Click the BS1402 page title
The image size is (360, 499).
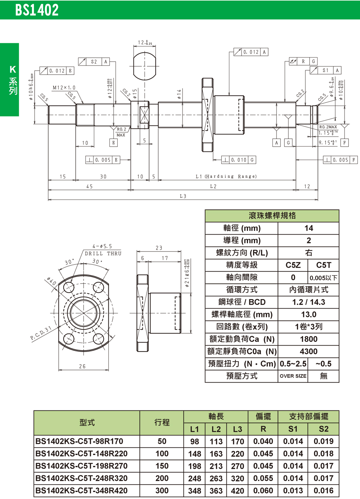coord(37,10)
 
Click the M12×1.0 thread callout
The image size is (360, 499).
coord(64,88)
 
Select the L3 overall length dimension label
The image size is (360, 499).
coord(183,196)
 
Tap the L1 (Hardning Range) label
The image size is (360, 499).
coord(226,177)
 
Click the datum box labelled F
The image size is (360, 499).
coord(345,143)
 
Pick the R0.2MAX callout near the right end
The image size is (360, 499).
coord(328,127)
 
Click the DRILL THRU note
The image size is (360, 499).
coord(103,254)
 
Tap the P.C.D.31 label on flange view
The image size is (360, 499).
coord(41,333)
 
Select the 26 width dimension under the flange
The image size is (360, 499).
coord(82,366)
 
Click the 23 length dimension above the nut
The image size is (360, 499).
coord(159,248)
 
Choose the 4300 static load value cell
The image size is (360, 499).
coord(309,351)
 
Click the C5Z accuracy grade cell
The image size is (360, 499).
coord(293,265)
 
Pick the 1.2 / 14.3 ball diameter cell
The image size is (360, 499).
coord(309,302)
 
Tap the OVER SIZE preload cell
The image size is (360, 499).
coord(293,376)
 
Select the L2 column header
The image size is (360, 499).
coord(216,429)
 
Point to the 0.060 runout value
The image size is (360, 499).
coord(263,490)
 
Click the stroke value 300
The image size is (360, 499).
coord(162,490)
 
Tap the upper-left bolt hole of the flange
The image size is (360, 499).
coord(69,288)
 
